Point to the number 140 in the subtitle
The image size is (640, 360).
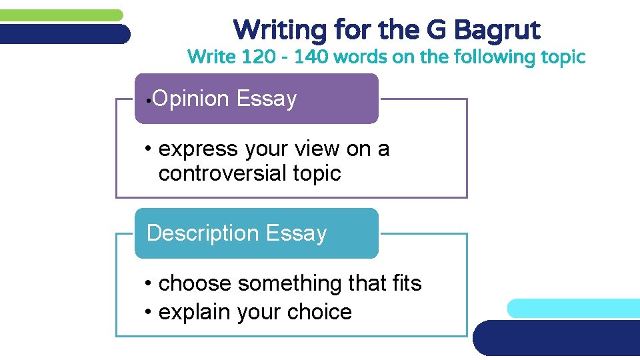pos(311,57)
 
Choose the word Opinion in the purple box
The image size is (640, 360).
pos(191,99)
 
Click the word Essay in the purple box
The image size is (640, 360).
pos(266,99)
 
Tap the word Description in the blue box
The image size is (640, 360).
pos(203,233)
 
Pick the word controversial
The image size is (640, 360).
pos(223,173)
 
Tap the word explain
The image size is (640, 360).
pos(193,312)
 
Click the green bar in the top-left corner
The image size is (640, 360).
pos(60,15)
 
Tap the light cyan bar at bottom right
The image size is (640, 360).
pos(573,308)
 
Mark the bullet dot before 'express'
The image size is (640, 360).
pos(149,149)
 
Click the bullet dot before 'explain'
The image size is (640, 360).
pos(149,313)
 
